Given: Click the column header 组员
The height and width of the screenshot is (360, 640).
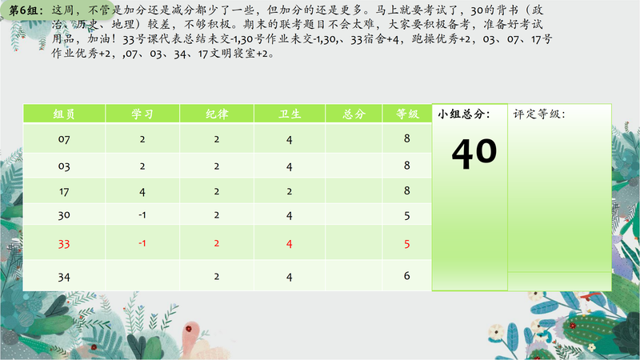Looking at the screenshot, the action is coord(64,114).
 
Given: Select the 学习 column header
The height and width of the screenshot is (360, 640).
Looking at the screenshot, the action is coord(142,114).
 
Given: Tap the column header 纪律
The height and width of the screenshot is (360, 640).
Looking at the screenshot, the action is coord(217,114).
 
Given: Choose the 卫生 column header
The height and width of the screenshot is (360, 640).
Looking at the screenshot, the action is coord(290,114).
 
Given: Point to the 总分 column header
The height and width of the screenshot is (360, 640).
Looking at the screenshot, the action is coord(354,114).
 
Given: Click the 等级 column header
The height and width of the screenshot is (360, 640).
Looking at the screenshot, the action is coord(407,114).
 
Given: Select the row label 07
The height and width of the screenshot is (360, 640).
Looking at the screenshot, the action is coord(64,139).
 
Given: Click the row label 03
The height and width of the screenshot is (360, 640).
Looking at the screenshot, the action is coord(64,166).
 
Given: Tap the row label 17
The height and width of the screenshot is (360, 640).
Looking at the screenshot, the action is coord(64,191).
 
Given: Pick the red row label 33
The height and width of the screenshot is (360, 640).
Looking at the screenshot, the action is coord(64,244).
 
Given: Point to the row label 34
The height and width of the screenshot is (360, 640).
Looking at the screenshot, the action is coord(64,277).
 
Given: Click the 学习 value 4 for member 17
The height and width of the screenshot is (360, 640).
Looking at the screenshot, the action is coord(142,192).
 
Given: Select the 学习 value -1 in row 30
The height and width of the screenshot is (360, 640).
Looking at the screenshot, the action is coord(142,215).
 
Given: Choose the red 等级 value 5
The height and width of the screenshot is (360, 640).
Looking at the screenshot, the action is coord(407,244).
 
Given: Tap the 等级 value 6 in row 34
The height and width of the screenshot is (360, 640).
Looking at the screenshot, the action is coord(407,276).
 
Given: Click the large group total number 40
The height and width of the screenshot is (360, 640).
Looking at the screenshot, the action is coord(474,153).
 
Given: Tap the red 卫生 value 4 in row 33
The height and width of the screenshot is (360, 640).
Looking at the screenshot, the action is coord(290,244).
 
